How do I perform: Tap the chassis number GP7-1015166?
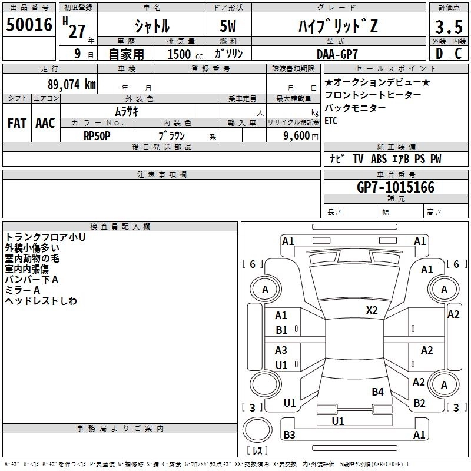click(x=396, y=188)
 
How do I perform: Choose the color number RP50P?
click(x=97, y=135)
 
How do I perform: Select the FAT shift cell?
click(x=17, y=123)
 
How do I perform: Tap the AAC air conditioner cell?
click(x=45, y=123)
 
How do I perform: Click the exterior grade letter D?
click(x=439, y=54)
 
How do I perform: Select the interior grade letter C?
click(x=458, y=54)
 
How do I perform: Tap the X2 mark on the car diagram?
click(x=372, y=310)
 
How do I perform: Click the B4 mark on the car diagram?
click(x=377, y=392)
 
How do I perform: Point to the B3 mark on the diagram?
click(x=289, y=435)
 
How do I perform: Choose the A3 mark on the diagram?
click(x=281, y=350)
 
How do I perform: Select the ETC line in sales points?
click(x=331, y=121)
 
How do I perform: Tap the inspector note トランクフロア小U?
click(x=45, y=237)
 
